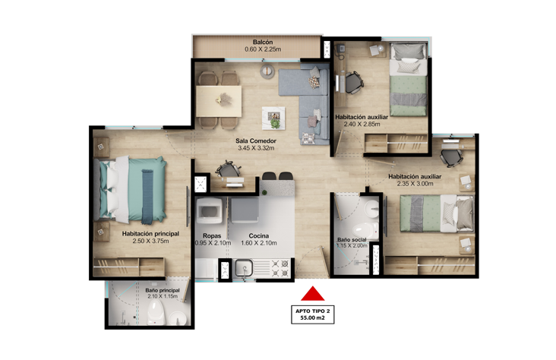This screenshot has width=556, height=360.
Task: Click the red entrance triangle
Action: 312,295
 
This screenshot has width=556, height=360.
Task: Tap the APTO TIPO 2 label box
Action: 312,314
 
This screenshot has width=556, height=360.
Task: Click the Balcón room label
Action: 263,42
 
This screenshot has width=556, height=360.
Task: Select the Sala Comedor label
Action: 256,141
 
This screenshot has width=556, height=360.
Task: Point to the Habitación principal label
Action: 150,234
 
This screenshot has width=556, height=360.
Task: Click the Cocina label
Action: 259,236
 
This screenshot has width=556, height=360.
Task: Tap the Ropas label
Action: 212,236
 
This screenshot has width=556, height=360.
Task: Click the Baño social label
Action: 352,240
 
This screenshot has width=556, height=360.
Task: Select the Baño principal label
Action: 163,290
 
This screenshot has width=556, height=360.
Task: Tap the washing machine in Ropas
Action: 210,210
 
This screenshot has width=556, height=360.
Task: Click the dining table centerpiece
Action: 223,99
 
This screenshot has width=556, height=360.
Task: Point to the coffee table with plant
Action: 273,118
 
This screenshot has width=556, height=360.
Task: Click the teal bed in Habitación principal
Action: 130,190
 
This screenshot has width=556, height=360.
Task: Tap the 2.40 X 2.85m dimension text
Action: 362,124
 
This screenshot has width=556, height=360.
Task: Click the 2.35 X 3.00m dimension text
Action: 415,184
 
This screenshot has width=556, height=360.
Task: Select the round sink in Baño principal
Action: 178,318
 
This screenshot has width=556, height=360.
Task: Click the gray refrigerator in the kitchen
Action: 245,210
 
